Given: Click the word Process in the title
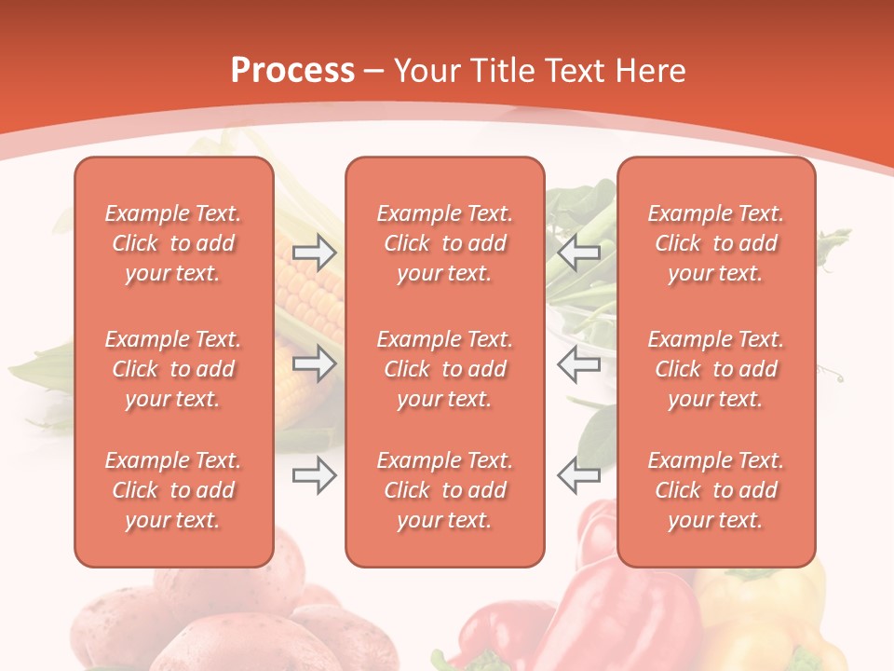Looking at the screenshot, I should (292, 71).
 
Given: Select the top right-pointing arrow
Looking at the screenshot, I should (314, 253).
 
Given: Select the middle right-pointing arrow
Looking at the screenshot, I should (314, 363).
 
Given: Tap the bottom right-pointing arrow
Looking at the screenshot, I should (314, 476).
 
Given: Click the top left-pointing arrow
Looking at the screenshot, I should (579, 253).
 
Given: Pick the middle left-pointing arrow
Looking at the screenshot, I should (579, 363).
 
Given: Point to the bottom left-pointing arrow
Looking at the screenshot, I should (579, 476).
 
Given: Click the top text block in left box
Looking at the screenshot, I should (173, 243).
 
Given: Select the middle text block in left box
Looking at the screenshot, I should (173, 369).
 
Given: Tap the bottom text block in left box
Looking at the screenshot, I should (173, 490).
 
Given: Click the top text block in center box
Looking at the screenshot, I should (445, 243).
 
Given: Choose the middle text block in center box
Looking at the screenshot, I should (445, 369).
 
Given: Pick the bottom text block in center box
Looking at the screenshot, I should (445, 490).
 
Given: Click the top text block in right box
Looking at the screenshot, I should (716, 243).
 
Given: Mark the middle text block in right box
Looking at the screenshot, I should (716, 369).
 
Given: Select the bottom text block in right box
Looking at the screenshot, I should (716, 490).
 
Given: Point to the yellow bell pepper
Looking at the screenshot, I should (773, 615).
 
